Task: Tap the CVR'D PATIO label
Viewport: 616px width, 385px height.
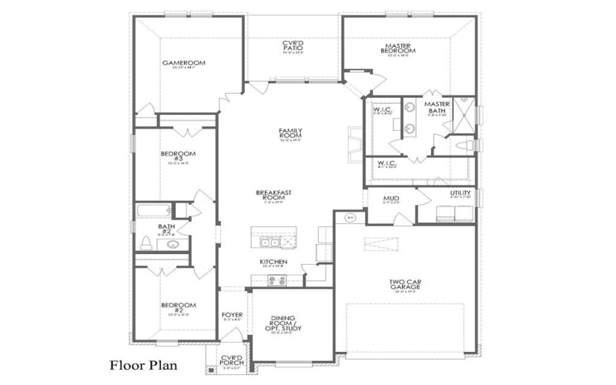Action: point(293,45)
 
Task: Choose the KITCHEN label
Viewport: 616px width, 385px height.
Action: point(273,262)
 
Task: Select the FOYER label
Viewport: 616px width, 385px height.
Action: point(232,315)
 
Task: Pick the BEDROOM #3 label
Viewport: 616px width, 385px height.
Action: point(178,156)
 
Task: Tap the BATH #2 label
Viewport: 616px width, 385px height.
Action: point(166,229)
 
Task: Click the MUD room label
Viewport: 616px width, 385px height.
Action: point(391,199)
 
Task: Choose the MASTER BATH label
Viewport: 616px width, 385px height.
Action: point(437,107)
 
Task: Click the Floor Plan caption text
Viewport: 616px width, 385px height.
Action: point(143,364)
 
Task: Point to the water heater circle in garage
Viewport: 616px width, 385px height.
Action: point(350,217)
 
